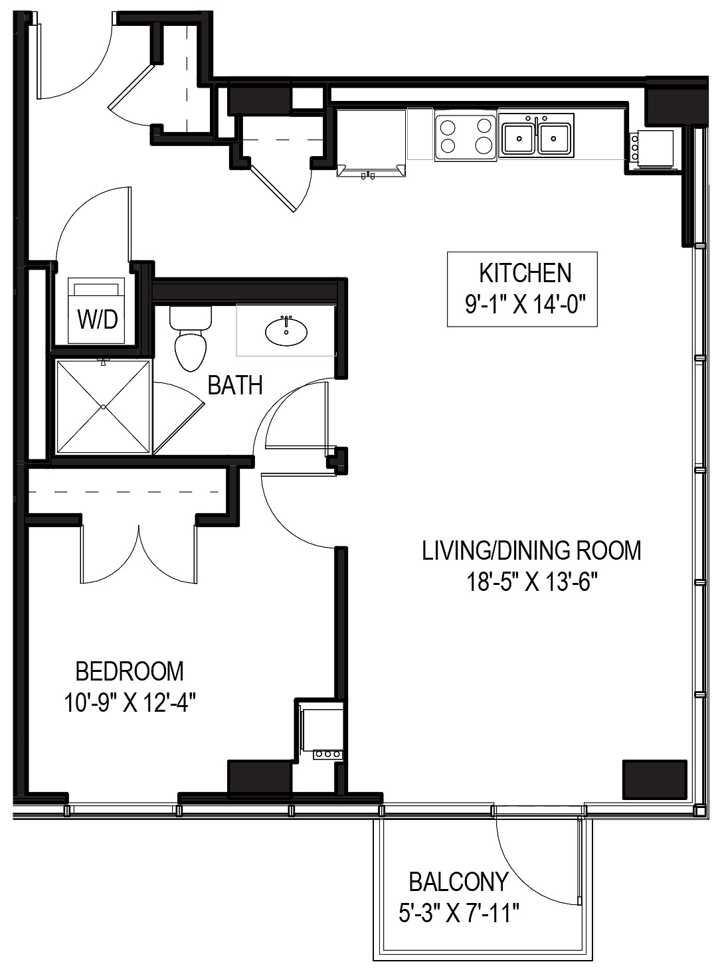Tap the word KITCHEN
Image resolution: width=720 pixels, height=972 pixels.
[x=525, y=273]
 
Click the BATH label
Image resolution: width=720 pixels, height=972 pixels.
[x=235, y=385]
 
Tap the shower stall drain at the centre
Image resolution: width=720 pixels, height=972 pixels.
[x=103, y=406]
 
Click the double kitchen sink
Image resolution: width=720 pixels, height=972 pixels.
[x=537, y=137]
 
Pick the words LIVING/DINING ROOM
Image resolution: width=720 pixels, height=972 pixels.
[x=531, y=550]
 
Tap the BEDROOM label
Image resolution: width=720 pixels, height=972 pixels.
[x=130, y=671]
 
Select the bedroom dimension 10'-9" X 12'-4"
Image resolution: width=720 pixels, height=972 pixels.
[x=130, y=702]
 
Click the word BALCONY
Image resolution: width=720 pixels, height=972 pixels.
[x=458, y=882]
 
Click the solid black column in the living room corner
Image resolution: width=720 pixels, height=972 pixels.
[x=654, y=778]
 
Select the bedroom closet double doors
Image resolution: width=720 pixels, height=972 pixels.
[x=139, y=551]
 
